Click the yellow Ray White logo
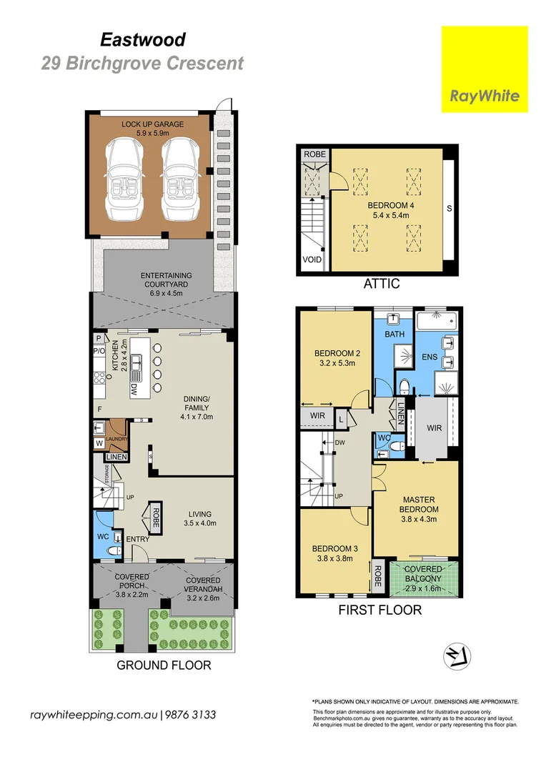point(485,69)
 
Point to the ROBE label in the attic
point(314,154)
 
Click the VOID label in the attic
point(312,259)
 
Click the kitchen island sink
point(136,363)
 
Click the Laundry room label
point(116,439)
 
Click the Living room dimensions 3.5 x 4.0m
point(200,523)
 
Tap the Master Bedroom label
point(419,504)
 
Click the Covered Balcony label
point(423,574)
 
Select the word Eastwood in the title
point(143,39)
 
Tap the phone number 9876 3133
point(191,715)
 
